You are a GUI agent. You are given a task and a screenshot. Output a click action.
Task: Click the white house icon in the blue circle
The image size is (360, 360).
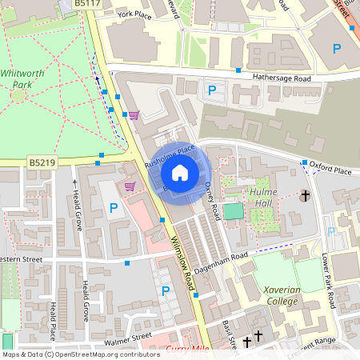(x=180, y=173)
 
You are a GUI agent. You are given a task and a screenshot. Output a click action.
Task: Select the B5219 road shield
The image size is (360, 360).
(x=42, y=162)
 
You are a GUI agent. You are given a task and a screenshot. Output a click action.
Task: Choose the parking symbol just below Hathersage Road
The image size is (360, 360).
(x=212, y=91)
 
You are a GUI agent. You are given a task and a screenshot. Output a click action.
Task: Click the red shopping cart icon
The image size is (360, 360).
(x=130, y=186)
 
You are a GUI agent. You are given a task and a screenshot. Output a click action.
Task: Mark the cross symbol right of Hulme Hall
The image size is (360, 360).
(x=305, y=195)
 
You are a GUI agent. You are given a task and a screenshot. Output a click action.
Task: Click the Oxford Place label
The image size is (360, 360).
(x=330, y=170)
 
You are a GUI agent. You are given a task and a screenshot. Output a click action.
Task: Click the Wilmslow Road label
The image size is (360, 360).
(x=183, y=263)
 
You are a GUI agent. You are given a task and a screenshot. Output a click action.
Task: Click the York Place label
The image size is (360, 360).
(x=134, y=14)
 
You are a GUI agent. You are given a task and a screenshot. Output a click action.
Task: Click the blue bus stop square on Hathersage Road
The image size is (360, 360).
(x=238, y=70)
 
